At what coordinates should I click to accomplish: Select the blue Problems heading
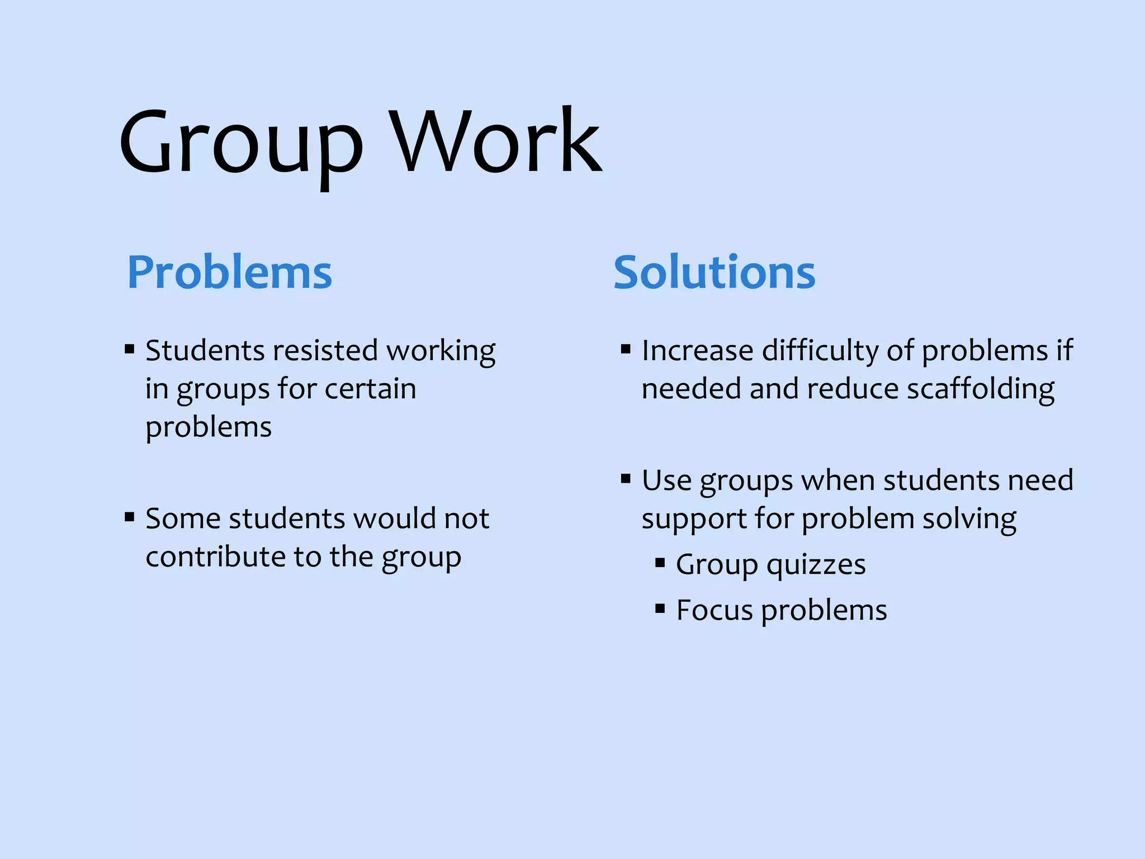click(230, 272)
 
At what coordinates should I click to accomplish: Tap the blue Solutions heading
click(714, 272)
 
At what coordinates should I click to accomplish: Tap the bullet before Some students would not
click(130, 517)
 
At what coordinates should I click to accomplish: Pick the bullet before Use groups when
click(626, 479)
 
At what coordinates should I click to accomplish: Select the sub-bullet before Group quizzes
click(660, 563)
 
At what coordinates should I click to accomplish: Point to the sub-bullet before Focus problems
click(660, 608)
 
